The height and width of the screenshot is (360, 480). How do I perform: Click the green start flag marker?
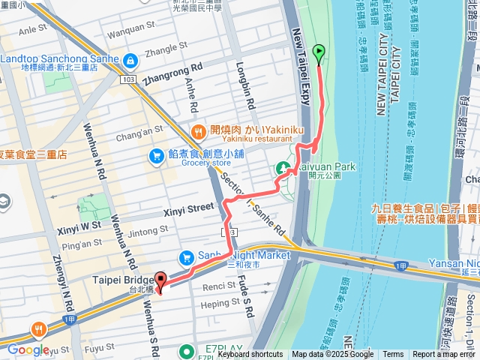coord(319,54)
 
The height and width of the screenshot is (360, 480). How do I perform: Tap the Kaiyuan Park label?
coord(326,166)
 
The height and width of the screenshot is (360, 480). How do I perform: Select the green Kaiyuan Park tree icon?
coord(285,168)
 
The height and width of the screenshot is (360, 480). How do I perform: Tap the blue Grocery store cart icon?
coord(156,155)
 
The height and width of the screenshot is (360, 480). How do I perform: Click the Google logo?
coord(28,349)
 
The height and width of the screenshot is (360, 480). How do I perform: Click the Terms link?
coord(393,355)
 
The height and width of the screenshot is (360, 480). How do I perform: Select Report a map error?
coord(445,355)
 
